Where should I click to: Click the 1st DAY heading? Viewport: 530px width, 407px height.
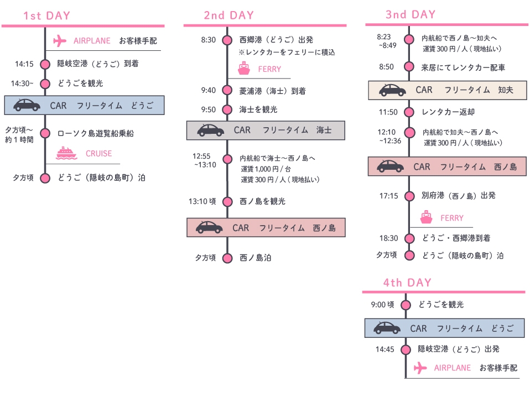[x=47, y=15]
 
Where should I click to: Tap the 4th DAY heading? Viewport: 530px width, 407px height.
[x=407, y=283]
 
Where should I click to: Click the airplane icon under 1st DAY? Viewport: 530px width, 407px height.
[x=60, y=41]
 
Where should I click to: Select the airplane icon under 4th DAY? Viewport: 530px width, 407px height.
[x=420, y=368]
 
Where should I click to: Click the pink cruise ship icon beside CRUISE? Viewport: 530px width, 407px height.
[x=66, y=153]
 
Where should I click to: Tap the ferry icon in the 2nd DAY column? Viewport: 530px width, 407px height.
[x=243, y=69]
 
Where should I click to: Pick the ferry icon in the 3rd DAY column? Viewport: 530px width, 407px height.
[x=426, y=217]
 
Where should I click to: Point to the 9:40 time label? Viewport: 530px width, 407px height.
[x=209, y=90]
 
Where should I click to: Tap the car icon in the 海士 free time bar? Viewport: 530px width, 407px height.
[x=211, y=131]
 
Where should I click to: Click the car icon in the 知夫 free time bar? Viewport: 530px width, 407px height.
[x=392, y=90]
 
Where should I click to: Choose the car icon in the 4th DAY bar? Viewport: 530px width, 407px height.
[x=387, y=328]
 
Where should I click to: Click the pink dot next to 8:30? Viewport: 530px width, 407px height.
[x=227, y=40]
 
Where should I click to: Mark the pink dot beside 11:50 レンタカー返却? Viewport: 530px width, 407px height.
[x=409, y=112]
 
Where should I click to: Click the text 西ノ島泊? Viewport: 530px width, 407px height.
[x=256, y=258]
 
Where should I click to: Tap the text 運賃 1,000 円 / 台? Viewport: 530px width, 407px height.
[x=266, y=169]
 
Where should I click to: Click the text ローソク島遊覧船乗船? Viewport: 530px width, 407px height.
[x=95, y=133]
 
